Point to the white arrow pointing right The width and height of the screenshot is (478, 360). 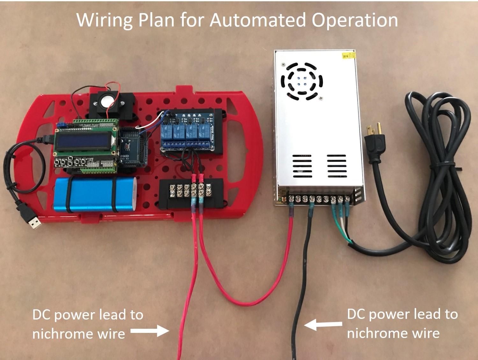click(149, 331)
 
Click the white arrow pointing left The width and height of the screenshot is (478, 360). click(323, 325)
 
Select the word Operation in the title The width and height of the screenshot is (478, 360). click(355, 20)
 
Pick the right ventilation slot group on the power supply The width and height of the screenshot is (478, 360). click(336, 165)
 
